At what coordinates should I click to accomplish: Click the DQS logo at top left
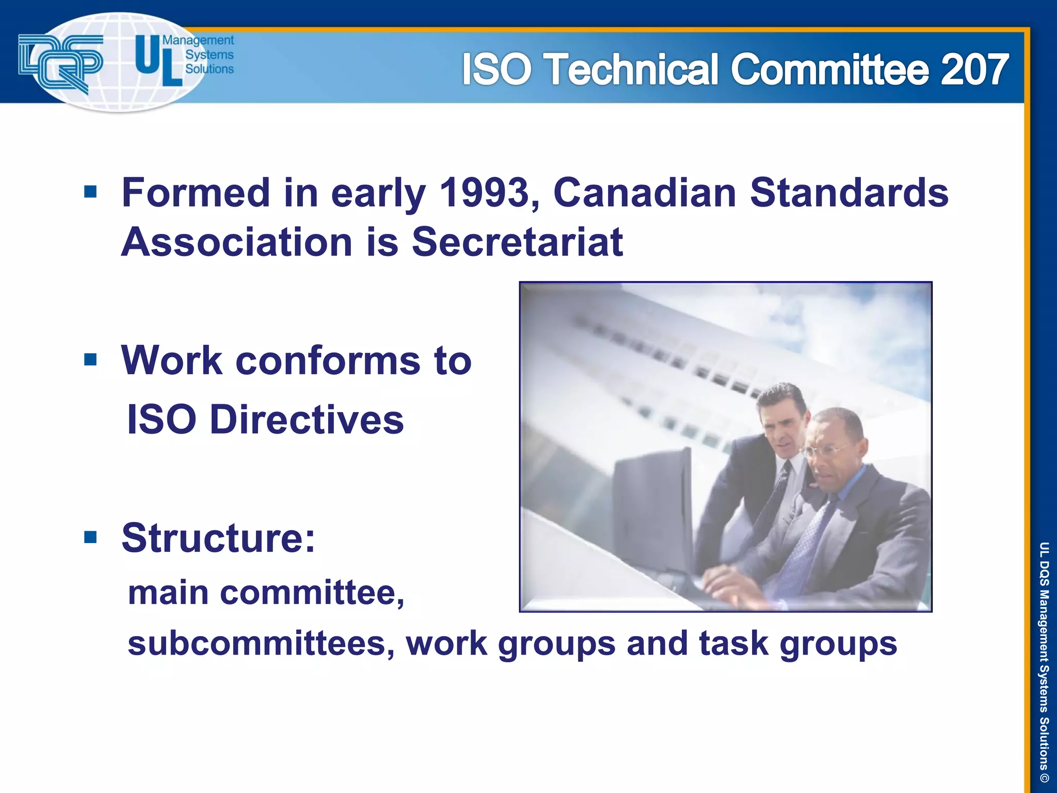(x=61, y=62)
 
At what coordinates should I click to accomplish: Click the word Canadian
(x=644, y=193)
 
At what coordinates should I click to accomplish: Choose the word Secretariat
(x=517, y=242)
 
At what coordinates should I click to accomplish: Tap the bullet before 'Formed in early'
(x=90, y=192)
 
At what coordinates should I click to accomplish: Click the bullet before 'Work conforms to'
(x=90, y=359)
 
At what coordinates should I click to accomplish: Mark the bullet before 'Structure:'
(x=90, y=537)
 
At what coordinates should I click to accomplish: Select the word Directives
(x=307, y=419)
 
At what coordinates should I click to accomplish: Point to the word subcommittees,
(x=261, y=643)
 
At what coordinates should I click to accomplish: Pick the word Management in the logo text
(x=198, y=40)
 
